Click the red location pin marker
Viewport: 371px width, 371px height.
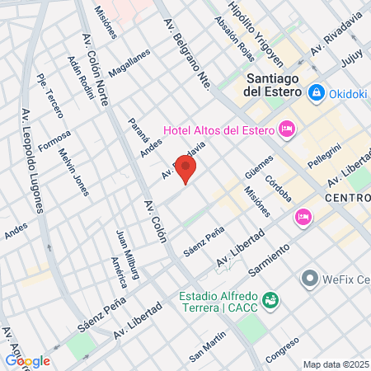(x=186, y=169)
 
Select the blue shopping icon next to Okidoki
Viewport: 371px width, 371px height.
(x=316, y=94)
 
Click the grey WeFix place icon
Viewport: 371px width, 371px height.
(x=310, y=279)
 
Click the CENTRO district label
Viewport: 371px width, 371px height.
(x=347, y=200)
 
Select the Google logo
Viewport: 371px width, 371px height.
(x=27, y=360)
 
